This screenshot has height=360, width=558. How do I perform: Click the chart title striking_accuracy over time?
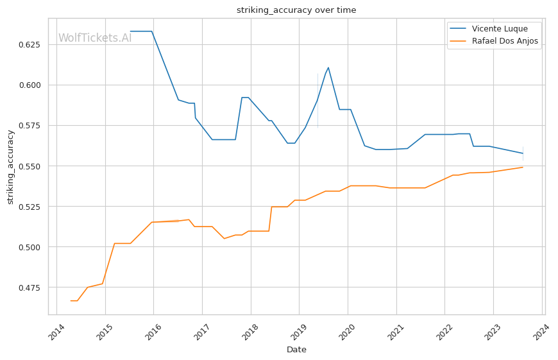pos(296,10)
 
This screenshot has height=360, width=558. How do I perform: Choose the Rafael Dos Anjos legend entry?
pos(505,42)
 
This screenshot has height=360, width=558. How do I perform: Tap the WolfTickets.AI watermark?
pos(95,38)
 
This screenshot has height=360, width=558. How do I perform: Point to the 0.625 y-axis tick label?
pos(30,45)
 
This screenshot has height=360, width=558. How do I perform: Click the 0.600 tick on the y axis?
pos(30,85)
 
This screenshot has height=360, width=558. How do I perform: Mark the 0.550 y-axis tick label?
pos(30,166)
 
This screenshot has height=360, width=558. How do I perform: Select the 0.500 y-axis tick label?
pos(30,247)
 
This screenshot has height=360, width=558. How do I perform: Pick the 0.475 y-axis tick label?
pos(30,287)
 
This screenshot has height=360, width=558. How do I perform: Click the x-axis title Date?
pos(296,350)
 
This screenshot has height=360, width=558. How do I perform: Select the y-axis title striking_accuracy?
pos(10,167)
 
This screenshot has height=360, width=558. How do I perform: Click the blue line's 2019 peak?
pos(328,67)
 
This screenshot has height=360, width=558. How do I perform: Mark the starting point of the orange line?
pos(71,301)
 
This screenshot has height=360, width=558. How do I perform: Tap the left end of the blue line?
pos(130,31)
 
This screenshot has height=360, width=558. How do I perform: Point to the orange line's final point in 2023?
pos(523,167)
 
